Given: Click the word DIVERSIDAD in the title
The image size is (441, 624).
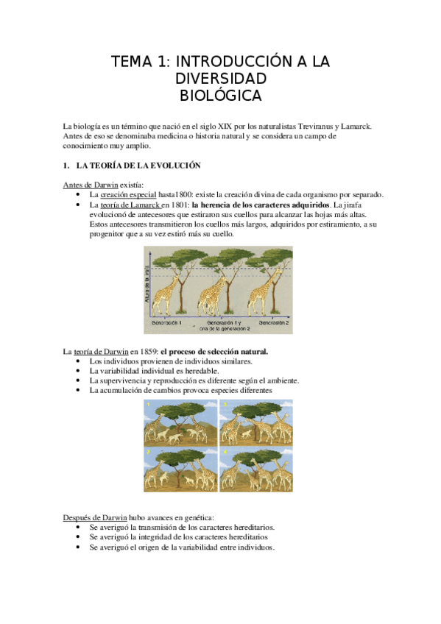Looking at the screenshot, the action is (x=220, y=78).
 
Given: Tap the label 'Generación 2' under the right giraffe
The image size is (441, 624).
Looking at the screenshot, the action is (x=272, y=323).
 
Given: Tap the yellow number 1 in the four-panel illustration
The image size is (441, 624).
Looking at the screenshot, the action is (x=149, y=405).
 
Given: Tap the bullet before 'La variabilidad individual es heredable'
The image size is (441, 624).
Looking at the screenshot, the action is (x=79, y=371).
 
